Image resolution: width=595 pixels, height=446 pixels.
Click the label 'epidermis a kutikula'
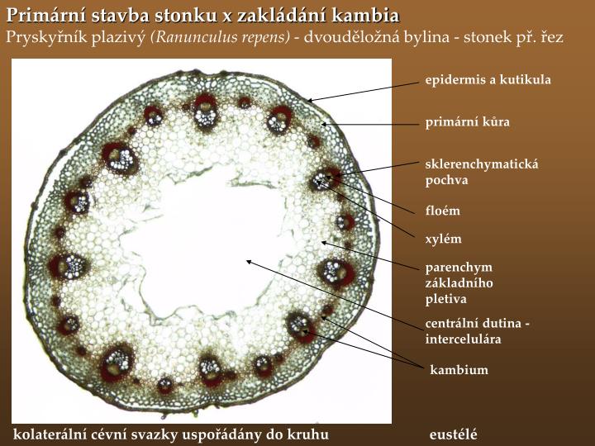point(488,79)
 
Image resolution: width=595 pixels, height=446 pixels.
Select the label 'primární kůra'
point(467,122)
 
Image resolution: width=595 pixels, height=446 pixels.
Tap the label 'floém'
point(442,211)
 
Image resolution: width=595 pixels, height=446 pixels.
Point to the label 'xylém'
point(443,240)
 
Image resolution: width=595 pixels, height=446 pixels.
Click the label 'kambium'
point(459,370)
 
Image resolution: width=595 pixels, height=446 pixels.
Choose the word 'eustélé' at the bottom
point(454,434)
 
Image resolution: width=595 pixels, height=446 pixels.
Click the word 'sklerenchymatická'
point(481,164)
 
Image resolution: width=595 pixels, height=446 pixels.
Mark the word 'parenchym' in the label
point(458,267)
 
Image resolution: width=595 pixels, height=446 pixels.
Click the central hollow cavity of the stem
point(198,248)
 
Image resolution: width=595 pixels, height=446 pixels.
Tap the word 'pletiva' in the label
point(445,298)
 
